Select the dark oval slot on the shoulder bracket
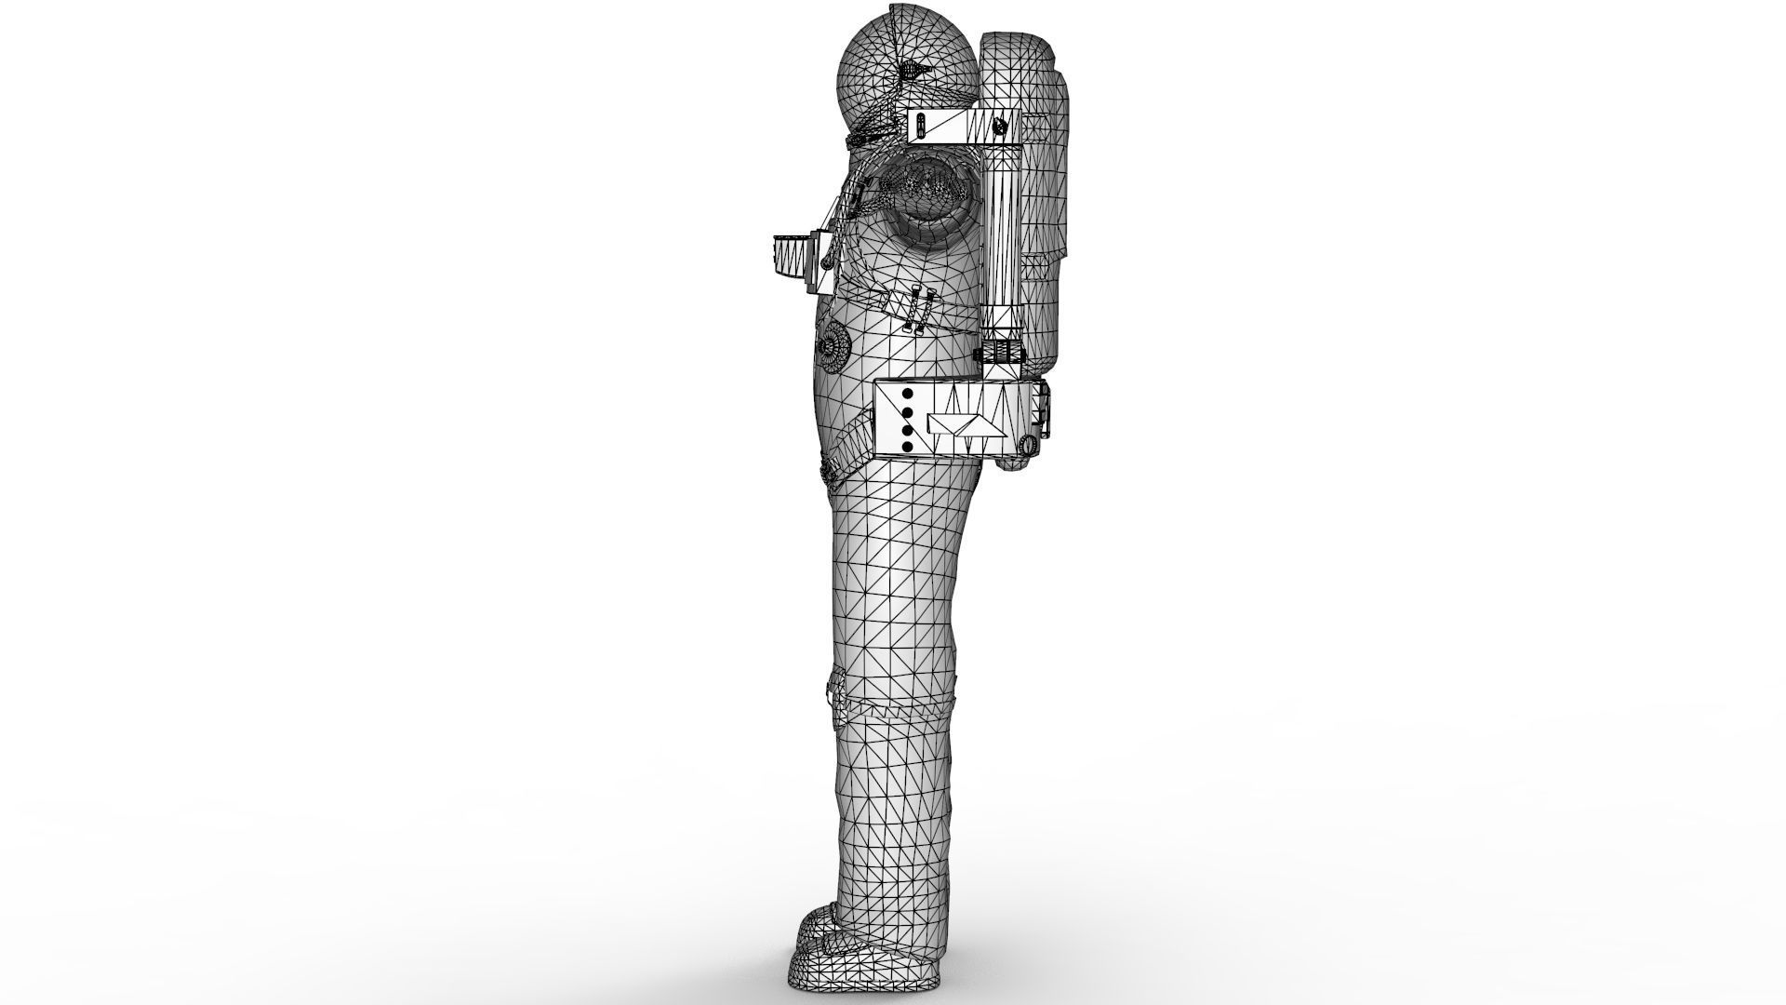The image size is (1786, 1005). tap(920, 125)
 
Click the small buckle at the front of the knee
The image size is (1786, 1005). tap(833, 693)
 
